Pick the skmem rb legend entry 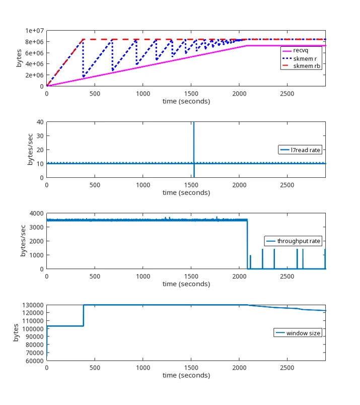coord(302,66)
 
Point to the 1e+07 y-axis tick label coord(34,31)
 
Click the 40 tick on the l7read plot coord(40,122)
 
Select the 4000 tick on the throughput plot coord(36,214)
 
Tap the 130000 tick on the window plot coord(33,305)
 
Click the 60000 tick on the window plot coord(35,361)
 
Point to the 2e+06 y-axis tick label coord(34,75)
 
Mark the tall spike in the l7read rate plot coord(194,150)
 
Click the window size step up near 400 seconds coord(84,315)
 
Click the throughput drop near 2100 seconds coord(247,244)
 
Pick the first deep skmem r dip coord(83,77)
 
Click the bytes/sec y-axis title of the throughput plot coord(23,241)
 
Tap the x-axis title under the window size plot coord(186,375)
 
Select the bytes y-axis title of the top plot coord(19,58)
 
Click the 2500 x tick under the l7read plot coord(287,185)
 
